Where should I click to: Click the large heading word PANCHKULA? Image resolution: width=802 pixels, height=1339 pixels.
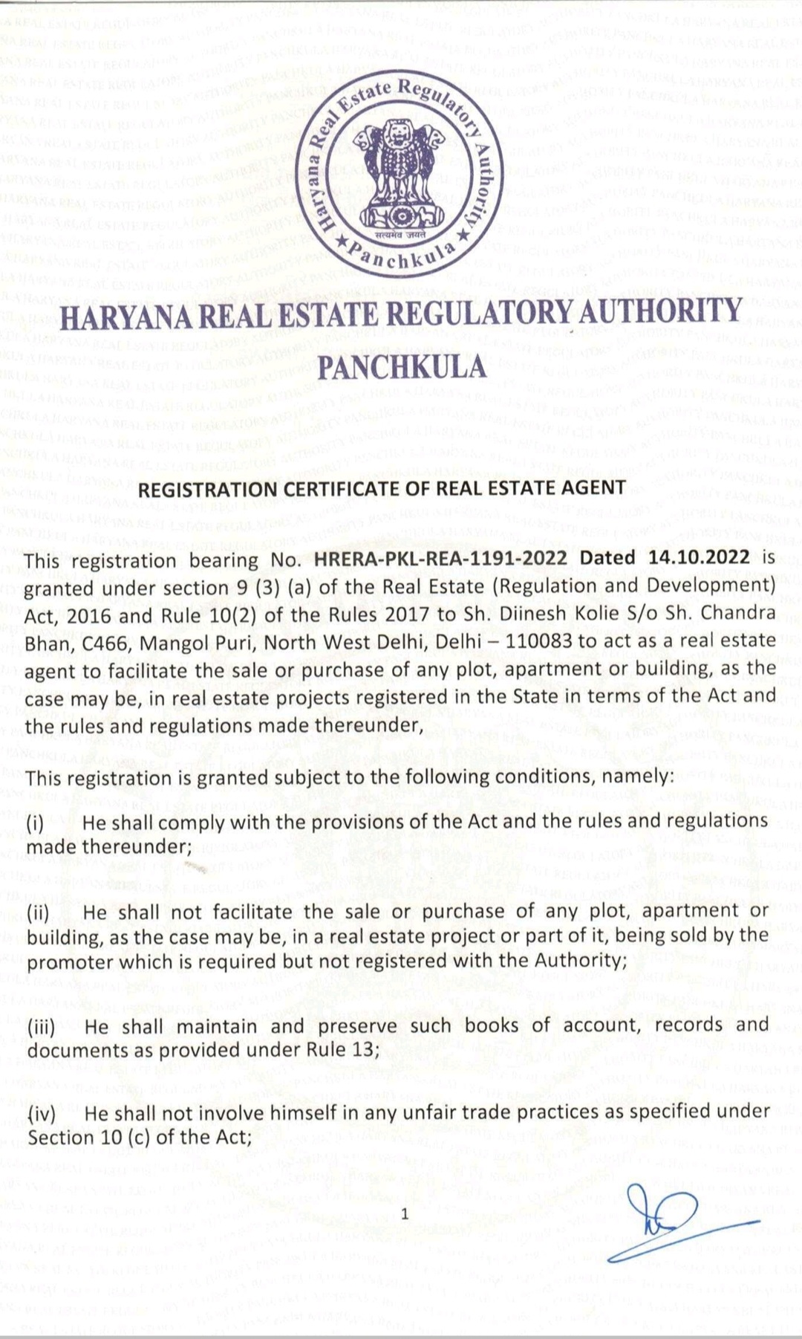401,366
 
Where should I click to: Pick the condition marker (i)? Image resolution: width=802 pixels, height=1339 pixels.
36,823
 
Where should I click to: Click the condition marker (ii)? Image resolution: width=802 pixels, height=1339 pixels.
40,912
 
